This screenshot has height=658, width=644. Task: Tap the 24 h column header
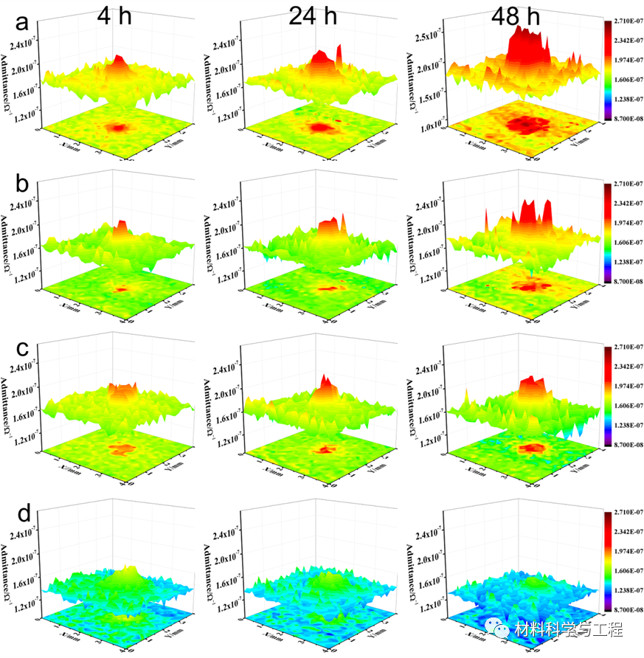coord(312,16)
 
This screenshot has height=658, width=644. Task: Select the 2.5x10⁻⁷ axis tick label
coord(427,38)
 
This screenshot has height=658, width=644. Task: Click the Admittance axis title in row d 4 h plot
coord(8,564)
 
